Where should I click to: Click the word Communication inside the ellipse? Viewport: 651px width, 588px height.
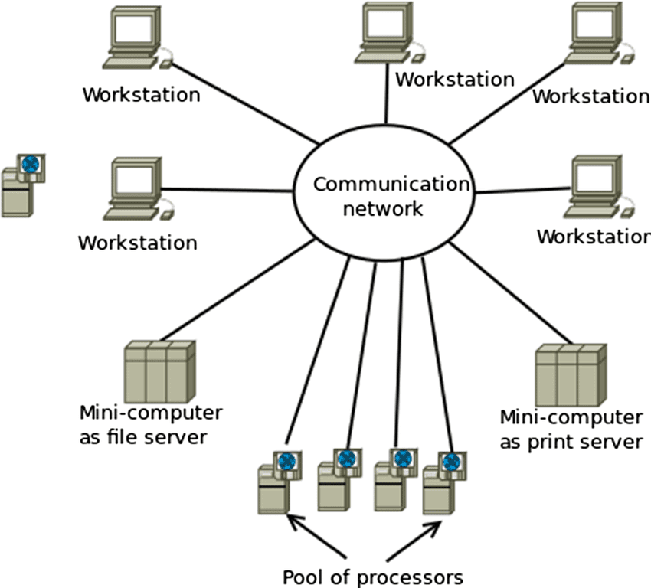point(390,184)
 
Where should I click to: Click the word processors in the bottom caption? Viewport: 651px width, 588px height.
point(414,576)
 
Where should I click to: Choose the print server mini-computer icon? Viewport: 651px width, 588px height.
point(570,375)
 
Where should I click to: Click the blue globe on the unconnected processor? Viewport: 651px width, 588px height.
point(31,164)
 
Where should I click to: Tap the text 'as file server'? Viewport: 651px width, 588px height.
point(143,437)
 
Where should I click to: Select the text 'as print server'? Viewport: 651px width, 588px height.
point(571,442)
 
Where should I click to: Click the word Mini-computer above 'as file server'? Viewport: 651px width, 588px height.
point(151,413)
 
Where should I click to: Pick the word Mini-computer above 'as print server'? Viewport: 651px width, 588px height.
point(571,418)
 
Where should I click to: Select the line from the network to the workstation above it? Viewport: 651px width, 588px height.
point(387,103)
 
